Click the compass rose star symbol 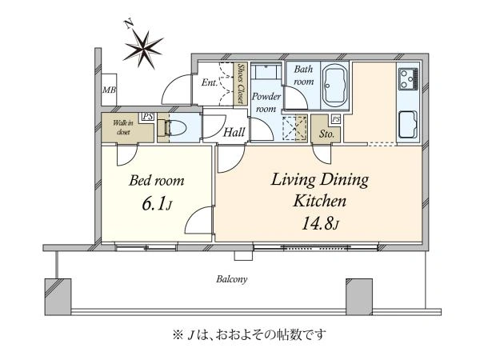pyautogui.click(x=143, y=49)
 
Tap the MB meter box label pyautogui.click(x=110, y=90)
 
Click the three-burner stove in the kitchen pyautogui.click(x=408, y=79)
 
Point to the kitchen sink pyautogui.click(x=408, y=124)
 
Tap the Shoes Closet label pyautogui.click(x=242, y=83)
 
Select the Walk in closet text pyautogui.click(x=122, y=127)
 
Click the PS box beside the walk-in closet pyautogui.click(x=147, y=117)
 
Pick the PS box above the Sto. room pyautogui.click(x=336, y=119)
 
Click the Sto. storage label pyautogui.click(x=326, y=134)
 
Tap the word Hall pyautogui.click(x=234, y=132)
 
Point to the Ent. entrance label pyautogui.click(x=210, y=82)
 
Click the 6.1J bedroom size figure pyautogui.click(x=157, y=204)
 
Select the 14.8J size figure pyautogui.click(x=320, y=223)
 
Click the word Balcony pyautogui.click(x=232, y=279)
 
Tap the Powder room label pyautogui.click(x=266, y=102)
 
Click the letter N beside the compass pyautogui.click(x=129, y=24)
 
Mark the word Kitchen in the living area pyautogui.click(x=319, y=201)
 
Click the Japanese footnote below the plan pyautogui.click(x=249, y=335)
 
